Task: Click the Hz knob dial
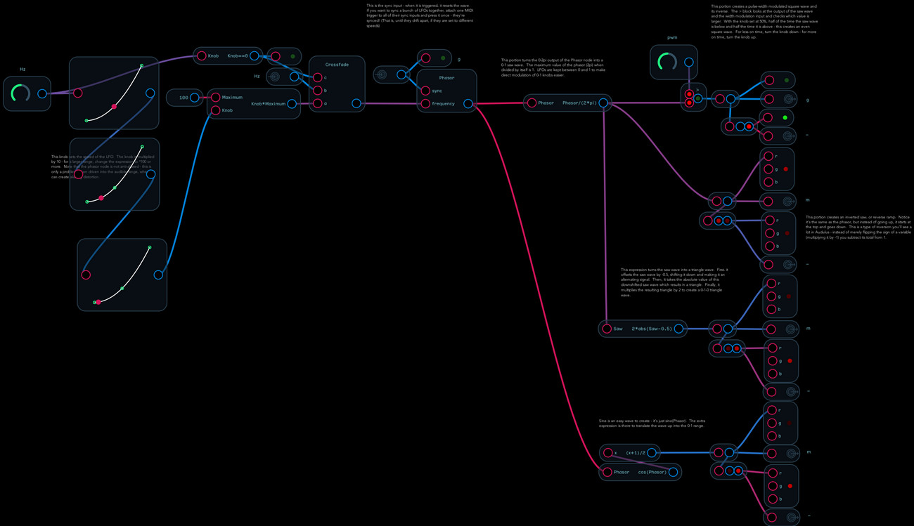coord(20,93)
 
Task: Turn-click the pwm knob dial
coord(667,63)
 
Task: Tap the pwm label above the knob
coord(671,38)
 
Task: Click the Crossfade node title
coord(336,64)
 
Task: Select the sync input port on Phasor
coord(425,91)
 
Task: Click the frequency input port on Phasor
coord(425,104)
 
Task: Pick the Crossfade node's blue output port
coord(356,104)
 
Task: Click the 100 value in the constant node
coord(184,98)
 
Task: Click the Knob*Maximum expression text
coord(269,104)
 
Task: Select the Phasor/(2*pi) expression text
coord(579,103)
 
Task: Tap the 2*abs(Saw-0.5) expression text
coord(652,329)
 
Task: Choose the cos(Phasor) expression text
coord(652,472)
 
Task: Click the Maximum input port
coord(216,98)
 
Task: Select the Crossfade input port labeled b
coord(317,91)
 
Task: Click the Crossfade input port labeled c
coord(317,77)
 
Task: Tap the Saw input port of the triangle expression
coord(606,329)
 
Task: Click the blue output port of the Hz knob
coord(42,93)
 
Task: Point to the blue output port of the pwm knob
coord(689,63)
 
